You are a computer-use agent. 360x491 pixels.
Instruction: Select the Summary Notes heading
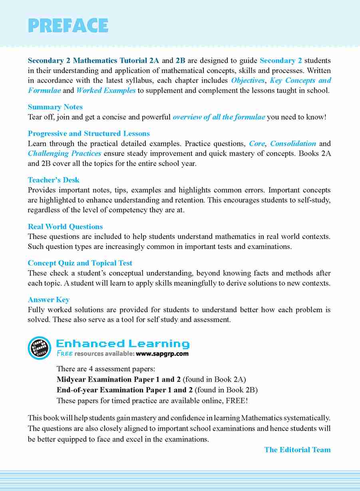coord(55,107)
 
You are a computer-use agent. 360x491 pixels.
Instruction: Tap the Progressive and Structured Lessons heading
coord(89,133)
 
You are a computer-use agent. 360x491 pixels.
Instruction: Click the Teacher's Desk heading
coord(54,180)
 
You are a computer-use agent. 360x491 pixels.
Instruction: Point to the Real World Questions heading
coord(65,227)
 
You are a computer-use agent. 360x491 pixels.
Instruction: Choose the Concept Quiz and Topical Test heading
coord(80,263)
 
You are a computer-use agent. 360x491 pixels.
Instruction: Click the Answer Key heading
coord(49,300)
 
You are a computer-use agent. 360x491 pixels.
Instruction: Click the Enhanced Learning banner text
coord(123,344)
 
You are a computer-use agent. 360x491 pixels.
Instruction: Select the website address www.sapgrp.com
coord(162,354)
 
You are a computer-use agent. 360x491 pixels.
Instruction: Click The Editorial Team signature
coord(297,450)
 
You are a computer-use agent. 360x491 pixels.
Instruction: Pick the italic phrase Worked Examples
coord(106,90)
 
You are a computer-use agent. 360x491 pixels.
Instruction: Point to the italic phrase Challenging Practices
coord(64,153)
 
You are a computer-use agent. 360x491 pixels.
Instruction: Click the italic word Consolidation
coord(293,143)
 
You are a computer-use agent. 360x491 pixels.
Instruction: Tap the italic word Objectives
coord(248,81)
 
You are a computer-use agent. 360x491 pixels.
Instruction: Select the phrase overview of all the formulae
coord(219,117)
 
